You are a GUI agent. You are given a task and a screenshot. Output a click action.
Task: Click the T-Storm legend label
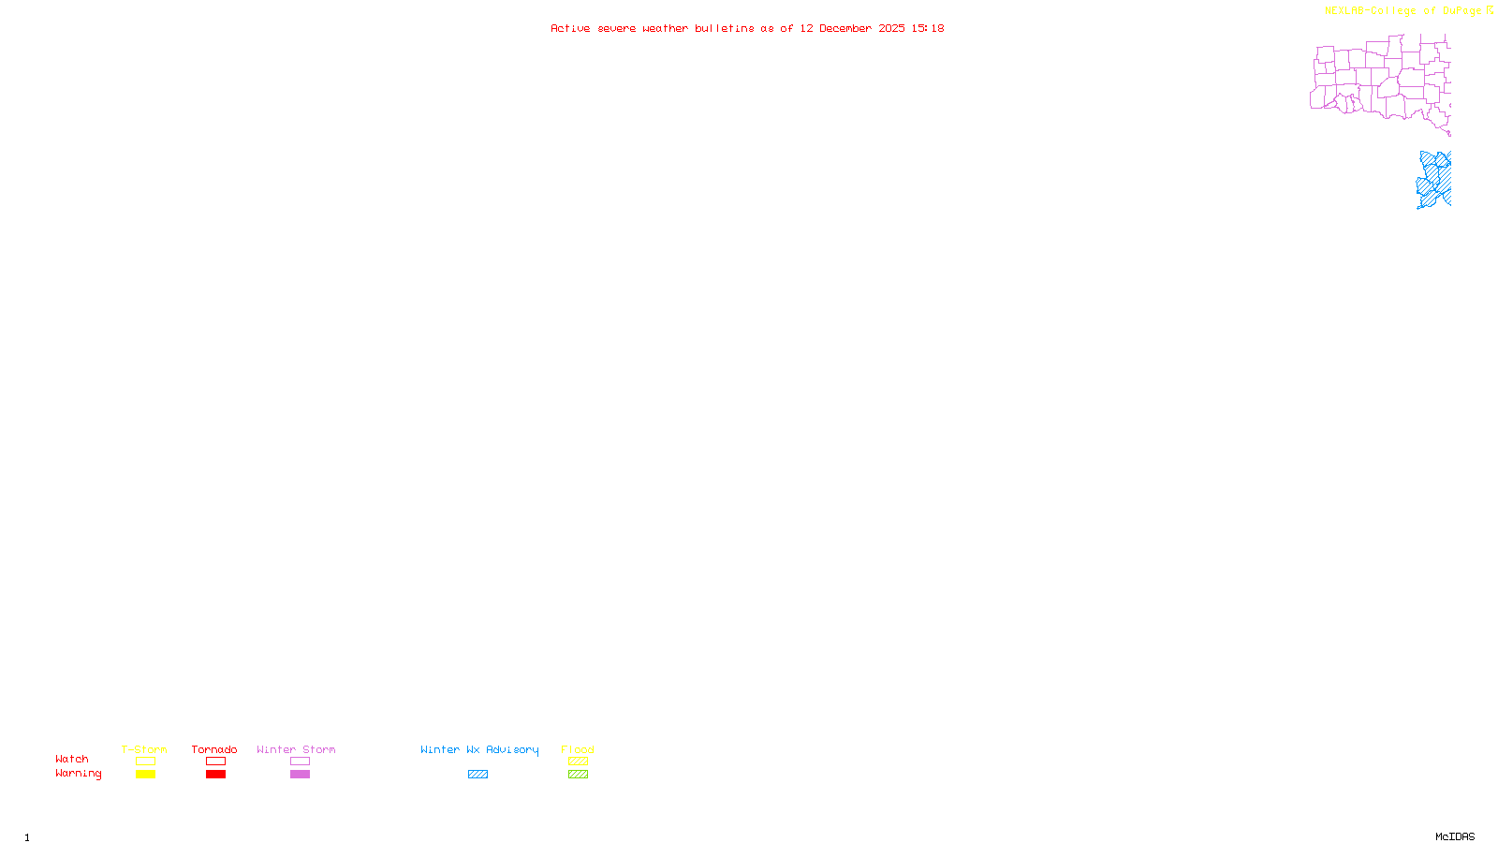click(144, 749)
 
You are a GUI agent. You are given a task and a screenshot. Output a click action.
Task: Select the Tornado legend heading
click(214, 749)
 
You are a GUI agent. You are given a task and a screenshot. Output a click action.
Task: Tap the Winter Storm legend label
click(296, 749)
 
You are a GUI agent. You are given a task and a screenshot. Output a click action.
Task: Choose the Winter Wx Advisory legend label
click(479, 749)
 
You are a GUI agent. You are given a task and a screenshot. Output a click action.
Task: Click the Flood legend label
click(578, 749)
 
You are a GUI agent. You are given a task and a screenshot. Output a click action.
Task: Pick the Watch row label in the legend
click(72, 759)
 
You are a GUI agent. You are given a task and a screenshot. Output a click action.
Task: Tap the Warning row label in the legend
click(79, 774)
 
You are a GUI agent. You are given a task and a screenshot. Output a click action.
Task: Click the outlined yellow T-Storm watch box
click(145, 762)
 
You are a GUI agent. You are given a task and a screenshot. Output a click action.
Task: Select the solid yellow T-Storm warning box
click(145, 775)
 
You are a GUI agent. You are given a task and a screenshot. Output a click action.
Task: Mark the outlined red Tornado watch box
click(216, 762)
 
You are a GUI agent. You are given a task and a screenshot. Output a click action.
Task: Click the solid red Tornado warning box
click(216, 775)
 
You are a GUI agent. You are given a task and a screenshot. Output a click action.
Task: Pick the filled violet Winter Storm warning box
click(300, 775)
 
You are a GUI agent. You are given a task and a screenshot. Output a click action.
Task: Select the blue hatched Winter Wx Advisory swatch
click(477, 775)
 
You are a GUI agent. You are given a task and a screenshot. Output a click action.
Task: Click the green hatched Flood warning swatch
click(578, 775)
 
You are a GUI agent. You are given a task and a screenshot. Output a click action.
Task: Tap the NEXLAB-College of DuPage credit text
click(1403, 10)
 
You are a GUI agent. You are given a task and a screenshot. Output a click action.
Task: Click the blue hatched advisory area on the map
click(1435, 179)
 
